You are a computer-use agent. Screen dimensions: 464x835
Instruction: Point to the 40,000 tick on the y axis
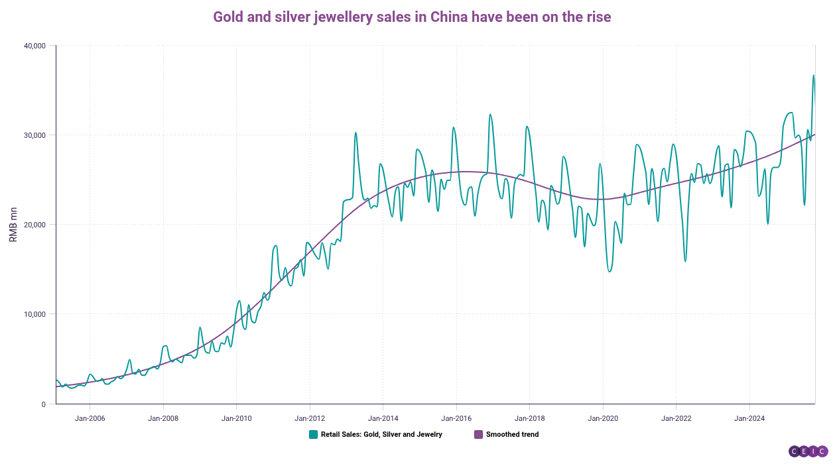(33, 46)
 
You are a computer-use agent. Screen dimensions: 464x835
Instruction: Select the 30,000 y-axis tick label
(33, 135)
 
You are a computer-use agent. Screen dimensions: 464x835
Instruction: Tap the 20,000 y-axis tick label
(33, 225)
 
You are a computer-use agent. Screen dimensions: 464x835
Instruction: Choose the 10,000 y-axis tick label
(33, 314)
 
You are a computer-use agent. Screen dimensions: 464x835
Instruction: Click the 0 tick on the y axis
(43, 404)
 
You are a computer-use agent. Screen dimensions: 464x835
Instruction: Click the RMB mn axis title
(13, 224)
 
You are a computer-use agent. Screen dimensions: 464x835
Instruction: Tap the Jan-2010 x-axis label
(236, 418)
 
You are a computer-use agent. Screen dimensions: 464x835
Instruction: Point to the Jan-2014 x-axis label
(383, 418)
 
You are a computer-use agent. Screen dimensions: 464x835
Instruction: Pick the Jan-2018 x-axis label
(529, 418)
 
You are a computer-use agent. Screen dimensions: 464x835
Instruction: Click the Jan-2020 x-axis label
(603, 418)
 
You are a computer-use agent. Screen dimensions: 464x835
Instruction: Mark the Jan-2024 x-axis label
(749, 418)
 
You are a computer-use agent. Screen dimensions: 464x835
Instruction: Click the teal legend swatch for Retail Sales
(313, 435)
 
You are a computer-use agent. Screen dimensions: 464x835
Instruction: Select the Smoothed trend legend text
(512, 435)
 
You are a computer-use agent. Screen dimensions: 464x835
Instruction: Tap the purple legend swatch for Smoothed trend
(478, 435)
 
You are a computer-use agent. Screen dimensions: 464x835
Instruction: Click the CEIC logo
(807, 451)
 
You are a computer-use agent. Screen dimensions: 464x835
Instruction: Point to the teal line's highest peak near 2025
(813, 75)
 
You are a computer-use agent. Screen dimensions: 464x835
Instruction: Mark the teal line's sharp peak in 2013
(355, 133)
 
